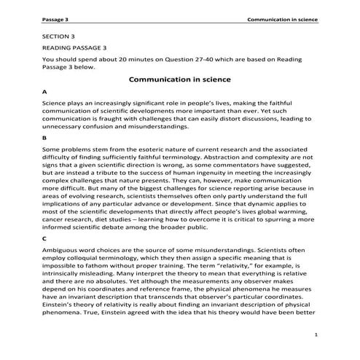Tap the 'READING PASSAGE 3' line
(74, 47)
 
